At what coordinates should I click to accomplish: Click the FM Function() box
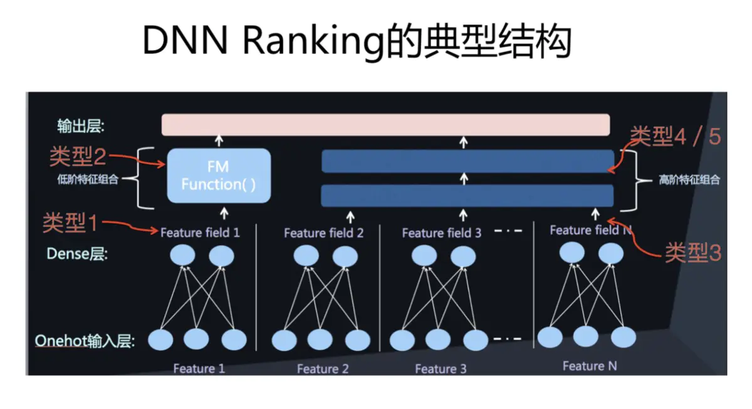pyautogui.click(x=219, y=176)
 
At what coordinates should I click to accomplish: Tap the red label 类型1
pyautogui.click(x=70, y=223)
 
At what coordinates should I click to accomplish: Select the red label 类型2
pyautogui.click(x=76, y=157)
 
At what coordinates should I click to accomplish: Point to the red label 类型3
pyautogui.click(x=692, y=253)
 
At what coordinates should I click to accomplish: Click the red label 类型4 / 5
pyautogui.click(x=675, y=136)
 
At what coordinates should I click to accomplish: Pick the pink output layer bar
pyautogui.click(x=385, y=124)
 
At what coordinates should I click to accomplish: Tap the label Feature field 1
pyautogui.click(x=200, y=233)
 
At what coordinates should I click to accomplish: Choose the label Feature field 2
pyautogui.click(x=323, y=233)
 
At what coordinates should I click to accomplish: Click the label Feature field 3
pyautogui.click(x=441, y=233)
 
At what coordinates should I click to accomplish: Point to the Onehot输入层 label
pyautogui.click(x=85, y=341)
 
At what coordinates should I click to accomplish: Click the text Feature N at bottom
pyautogui.click(x=589, y=366)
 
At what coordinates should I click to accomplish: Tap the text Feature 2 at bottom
pyautogui.click(x=322, y=369)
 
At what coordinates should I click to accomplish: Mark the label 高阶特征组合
pyautogui.click(x=689, y=180)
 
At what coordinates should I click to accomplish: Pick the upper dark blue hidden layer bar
pyautogui.click(x=467, y=161)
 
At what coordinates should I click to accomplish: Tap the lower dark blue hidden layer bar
pyautogui.click(x=467, y=196)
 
